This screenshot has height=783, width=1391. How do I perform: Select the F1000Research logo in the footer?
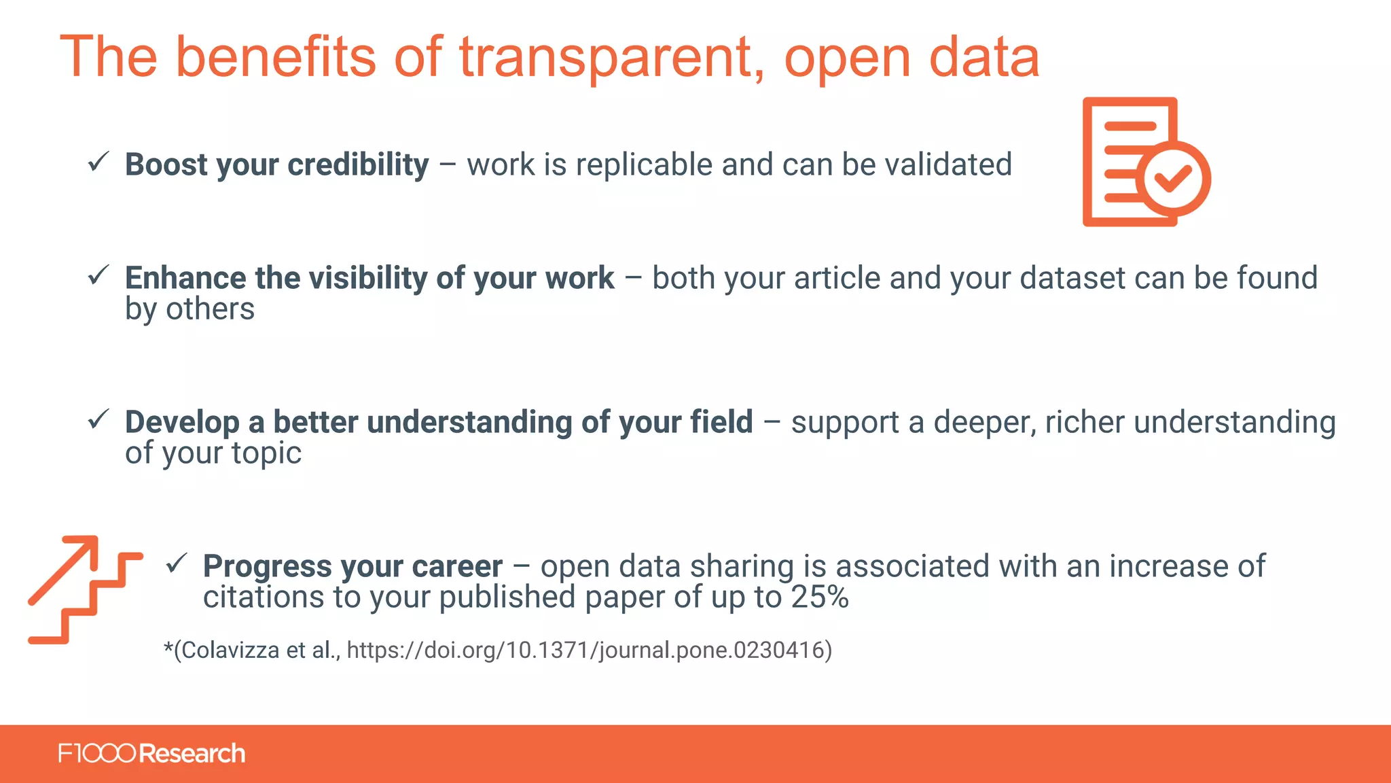[x=151, y=754]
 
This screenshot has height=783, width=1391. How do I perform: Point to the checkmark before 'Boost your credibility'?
[x=98, y=162]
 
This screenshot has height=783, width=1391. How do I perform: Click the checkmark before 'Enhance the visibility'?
[x=98, y=275]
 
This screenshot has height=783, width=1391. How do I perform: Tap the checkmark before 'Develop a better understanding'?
[x=98, y=419]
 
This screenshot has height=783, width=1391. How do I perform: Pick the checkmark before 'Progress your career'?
[x=177, y=563]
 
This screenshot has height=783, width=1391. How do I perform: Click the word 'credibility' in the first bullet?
[x=358, y=165]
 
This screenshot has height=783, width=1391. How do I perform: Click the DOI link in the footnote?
[x=589, y=650]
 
